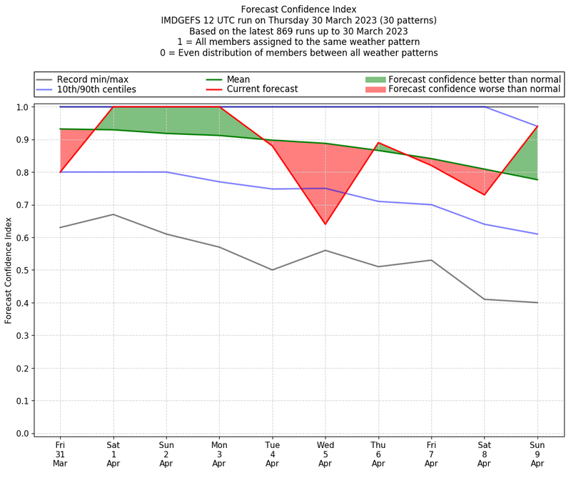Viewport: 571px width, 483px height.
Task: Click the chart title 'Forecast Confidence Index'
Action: pos(298,9)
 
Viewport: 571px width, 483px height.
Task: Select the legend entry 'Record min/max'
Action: pos(93,79)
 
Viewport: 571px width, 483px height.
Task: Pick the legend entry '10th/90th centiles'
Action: pos(96,89)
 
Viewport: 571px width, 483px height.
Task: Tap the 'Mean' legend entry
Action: pos(257,79)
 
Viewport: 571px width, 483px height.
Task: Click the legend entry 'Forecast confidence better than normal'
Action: pos(475,79)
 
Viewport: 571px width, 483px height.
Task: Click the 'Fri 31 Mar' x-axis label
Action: pos(61,454)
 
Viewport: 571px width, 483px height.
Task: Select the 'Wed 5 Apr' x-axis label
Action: pos(325,454)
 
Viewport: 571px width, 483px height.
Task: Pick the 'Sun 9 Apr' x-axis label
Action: pos(537,454)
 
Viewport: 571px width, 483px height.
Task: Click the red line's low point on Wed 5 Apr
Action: pos(325,224)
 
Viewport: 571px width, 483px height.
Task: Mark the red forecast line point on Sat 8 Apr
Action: pos(485,194)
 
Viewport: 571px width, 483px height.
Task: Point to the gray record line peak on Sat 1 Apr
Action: pos(113,214)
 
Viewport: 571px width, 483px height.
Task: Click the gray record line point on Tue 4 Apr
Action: pos(273,270)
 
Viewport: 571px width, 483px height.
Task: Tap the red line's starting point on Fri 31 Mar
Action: pos(61,172)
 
